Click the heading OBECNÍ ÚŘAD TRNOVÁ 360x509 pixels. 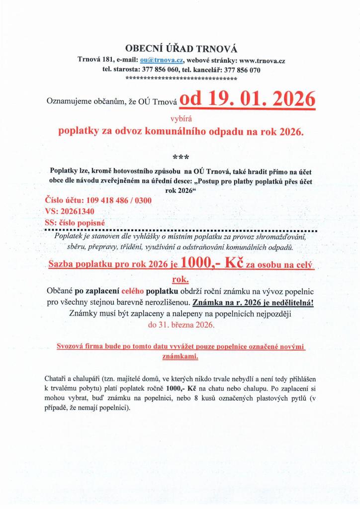[181, 48]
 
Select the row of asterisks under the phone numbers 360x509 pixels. [181, 79]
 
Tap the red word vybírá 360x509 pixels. [180, 119]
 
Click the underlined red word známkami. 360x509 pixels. [180, 356]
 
